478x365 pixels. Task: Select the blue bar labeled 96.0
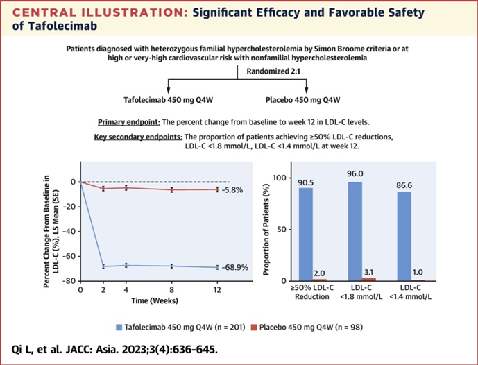pyautogui.click(x=355, y=230)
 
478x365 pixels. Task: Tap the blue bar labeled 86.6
pyautogui.click(x=403, y=235)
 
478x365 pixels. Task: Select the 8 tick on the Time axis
pyautogui.click(x=171, y=289)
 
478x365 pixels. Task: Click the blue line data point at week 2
pyautogui.click(x=103, y=266)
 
